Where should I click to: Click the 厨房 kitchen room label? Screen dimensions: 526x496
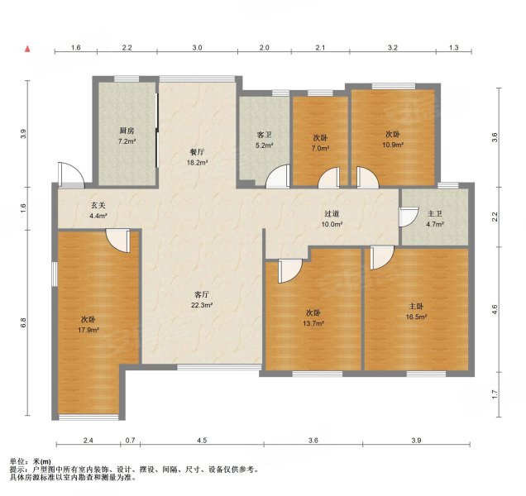click(x=127, y=131)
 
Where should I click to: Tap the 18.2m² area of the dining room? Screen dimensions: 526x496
click(x=198, y=163)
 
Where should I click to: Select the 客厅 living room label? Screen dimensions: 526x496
click(x=202, y=295)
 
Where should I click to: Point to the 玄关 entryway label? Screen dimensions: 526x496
click(x=98, y=205)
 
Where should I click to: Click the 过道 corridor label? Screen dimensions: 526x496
click(x=332, y=213)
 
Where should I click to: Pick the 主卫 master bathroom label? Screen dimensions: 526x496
click(x=435, y=213)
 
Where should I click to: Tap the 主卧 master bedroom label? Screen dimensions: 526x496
click(x=416, y=306)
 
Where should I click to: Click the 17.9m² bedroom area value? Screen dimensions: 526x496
click(x=88, y=330)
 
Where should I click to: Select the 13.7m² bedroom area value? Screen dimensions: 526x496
click(x=313, y=323)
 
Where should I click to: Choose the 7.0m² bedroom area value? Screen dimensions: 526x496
click(x=320, y=148)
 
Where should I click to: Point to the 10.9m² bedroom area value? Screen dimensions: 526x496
click(x=393, y=145)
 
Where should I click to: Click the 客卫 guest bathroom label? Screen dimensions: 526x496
click(x=265, y=135)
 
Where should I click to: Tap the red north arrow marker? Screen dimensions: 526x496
click(x=27, y=49)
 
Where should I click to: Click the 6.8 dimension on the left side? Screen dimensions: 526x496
click(x=23, y=322)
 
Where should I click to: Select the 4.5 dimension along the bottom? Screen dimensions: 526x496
click(x=202, y=441)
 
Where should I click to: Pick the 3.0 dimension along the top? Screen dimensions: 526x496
click(x=197, y=48)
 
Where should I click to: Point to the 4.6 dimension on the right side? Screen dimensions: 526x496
click(x=495, y=309)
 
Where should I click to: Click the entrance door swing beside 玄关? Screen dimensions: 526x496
click(x=70, y=174)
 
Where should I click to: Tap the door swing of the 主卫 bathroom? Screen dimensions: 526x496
click(x=409, y=217)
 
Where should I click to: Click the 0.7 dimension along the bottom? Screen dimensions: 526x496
click(x=130, y=441)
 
